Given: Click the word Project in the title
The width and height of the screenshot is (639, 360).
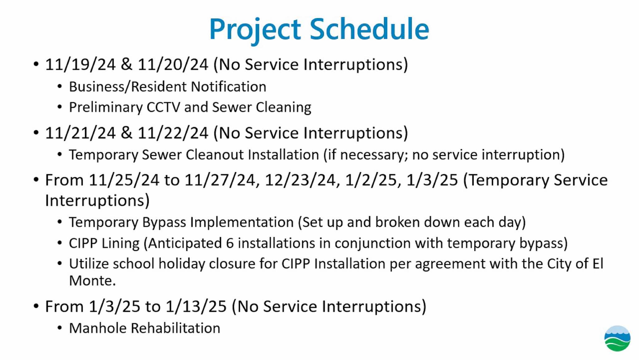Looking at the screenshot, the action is click(255, 31).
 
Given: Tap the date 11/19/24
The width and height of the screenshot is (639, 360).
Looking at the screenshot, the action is click(80, 65).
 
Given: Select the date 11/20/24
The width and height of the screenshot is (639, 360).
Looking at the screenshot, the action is click(173, 65).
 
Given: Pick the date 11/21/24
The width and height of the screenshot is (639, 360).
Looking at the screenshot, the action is click(80, 133).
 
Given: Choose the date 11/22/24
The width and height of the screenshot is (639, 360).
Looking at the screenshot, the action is click(173, 133).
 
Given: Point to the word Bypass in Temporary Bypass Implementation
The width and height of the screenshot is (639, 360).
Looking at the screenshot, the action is click(164, 223).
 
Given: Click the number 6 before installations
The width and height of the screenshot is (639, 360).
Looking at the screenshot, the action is click(230, 243).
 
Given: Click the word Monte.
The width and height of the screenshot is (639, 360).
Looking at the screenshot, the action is click(92, 281).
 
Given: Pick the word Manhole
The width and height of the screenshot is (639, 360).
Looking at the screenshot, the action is click(98, 328).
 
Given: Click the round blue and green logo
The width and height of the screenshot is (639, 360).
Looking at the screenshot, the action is click(617, 338).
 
